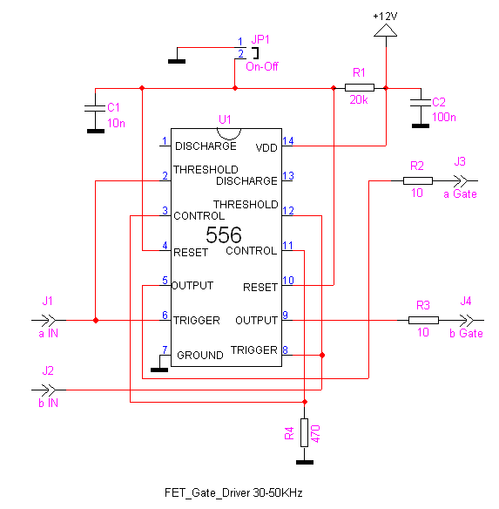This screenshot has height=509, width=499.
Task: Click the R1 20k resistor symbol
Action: pos(359,88)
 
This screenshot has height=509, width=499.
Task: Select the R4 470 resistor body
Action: pos(304,432)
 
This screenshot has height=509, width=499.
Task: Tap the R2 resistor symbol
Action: pos(417,180)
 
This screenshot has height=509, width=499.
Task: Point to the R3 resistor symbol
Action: pos(423,321)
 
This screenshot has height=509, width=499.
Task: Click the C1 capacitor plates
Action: pos(95,108)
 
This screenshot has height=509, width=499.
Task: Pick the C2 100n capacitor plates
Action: pos(421,103)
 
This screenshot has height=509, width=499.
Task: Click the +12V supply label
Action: pos(385,17)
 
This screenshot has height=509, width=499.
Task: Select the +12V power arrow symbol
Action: pos(386,31)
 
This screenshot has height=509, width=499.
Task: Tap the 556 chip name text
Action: pos(224,234)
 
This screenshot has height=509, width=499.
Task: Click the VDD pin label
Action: pos(266,148)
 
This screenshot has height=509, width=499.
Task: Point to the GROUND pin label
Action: pos(199,355)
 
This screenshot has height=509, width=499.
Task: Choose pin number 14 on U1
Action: pos(287,141)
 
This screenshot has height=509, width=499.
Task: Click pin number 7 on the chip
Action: pos(165,350)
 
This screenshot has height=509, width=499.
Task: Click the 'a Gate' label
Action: pos(460,194)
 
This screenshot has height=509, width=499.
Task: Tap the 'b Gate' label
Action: pos(466,334)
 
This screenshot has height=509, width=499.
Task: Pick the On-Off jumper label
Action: pos(262,66)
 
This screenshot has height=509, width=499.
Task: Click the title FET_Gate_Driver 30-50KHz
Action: pos(233,492)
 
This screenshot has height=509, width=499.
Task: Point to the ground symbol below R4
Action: pos(305,462)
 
